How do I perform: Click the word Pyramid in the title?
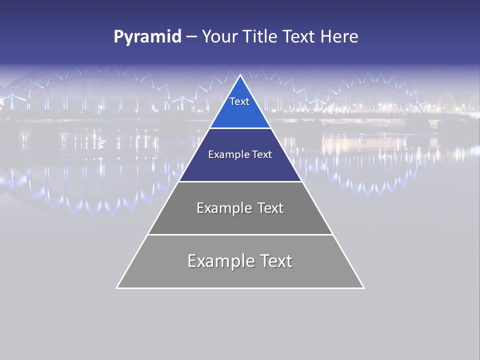tap(147, 37)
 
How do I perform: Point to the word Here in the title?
tap(339, 37)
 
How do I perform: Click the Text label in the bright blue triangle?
tap(239, 101)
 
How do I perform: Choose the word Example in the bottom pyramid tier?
tap(220, 261)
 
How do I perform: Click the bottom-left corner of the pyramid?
tap(117, 288)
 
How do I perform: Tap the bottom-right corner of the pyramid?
tap(363, 288)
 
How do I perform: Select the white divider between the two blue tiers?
tap(240, 128)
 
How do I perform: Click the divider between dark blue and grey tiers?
tap(240, 181)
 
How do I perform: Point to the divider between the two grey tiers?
tap(240, 234)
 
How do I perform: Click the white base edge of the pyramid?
tap(240, 288)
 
